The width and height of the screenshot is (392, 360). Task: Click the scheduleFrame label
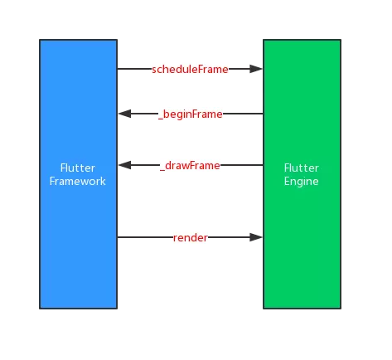(190, 69)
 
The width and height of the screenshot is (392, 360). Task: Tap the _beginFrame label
(191, 114)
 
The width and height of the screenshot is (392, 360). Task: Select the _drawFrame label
(190, 166)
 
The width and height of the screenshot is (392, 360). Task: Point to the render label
(191, 238)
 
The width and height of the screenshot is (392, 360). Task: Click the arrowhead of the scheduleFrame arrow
(256, 69)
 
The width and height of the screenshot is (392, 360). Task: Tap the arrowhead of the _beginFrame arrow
(124, 114)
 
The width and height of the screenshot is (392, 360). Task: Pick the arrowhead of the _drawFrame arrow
(124, 165)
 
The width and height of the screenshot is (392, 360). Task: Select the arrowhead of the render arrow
(256, 237)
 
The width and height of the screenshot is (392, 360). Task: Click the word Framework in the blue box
(78, 182)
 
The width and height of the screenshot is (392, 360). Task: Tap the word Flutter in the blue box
(78, 168)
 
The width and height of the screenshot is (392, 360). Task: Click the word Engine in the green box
(302, 182)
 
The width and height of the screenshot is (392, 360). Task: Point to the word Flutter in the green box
(302, 168)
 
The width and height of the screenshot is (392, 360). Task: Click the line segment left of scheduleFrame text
(134, 69)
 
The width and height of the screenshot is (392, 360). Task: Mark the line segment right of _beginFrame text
(243, 114)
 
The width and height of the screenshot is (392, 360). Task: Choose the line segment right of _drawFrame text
(242, 165)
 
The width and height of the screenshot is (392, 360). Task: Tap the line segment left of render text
(145, 237)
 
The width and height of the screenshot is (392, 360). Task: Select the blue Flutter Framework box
(79, 174)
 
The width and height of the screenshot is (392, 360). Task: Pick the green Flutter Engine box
(302, 174)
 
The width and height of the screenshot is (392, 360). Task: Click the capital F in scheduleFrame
(201, 69)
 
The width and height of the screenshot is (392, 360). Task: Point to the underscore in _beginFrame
(161, 119)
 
